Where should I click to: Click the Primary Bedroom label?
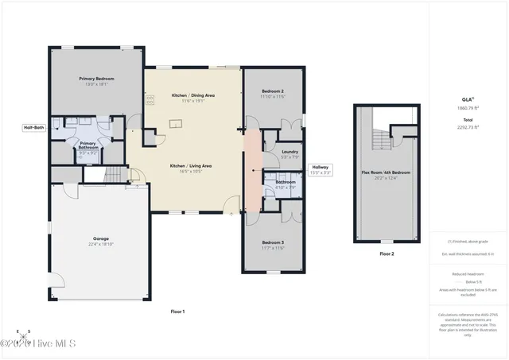(x=96, y=79)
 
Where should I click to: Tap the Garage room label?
(x=100, y=238)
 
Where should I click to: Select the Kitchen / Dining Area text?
(x=193, y=95)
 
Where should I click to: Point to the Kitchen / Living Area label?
(x=190, y=165)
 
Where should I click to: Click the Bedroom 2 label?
(x=273, y=91)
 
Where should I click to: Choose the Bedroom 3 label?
(x=272, y=243)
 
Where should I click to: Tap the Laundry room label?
(x=289, y=151)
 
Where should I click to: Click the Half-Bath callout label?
(x=33, y=127)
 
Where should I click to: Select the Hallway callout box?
(x=321, y=168)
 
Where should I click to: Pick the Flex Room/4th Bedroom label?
(x=385, y=172)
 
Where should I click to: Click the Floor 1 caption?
(x=177, y=312)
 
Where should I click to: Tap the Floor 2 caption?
(x=386, y=254)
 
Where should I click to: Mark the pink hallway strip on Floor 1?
(x=251, y=172)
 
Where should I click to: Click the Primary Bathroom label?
(x=88, y=147)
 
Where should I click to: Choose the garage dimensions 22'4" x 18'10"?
(x=100, y=244)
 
